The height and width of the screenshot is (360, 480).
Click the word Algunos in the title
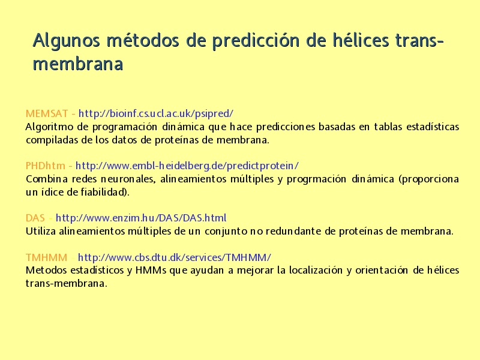coord(67,41)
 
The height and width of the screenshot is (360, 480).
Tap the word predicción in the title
coord(256,41)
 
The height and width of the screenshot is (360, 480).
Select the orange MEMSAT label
coord(47,113)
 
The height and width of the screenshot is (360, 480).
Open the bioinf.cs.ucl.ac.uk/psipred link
coord(156,113)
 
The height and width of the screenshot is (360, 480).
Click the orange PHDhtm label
coord(46,166)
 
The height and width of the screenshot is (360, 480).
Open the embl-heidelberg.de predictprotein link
coord(187,166)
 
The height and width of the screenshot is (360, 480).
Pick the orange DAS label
coord(35,218)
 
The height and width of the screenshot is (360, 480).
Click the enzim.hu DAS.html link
coord(141,218)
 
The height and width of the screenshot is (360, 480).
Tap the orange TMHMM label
coord(47,257)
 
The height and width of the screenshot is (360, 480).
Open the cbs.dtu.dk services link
coord(175,257)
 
